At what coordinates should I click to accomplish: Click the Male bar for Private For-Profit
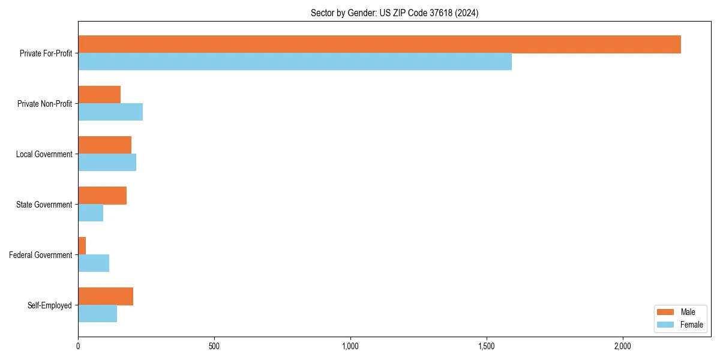[x=379, y=44]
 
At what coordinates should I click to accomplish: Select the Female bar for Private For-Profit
[x=295, y=62]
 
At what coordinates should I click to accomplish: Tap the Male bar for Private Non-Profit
[x=99, y=95]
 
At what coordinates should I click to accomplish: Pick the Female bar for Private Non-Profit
[x=110, y=112]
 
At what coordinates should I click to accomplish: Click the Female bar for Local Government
[x=107, y=163]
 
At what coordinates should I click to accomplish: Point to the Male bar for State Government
[x=102, y=196]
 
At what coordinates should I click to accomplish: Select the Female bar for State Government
[x=91, y=213]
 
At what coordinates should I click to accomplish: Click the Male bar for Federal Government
[x=82, y=246]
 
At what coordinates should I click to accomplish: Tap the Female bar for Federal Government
[x=94, y=263]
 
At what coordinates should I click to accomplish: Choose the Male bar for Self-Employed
[x=106, y=296]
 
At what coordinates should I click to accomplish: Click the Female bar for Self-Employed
[x=97, y=314]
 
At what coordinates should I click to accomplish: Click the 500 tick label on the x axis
[x=214, y=346]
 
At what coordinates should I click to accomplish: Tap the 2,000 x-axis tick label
[x=623, y=346]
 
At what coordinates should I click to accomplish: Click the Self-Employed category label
[x=50, y=305]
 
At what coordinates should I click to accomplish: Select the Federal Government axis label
[x=41, y=255]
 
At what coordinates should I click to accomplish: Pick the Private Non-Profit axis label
[x=44, y=104]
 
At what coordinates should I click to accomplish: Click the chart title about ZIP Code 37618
[x=394, y=13]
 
